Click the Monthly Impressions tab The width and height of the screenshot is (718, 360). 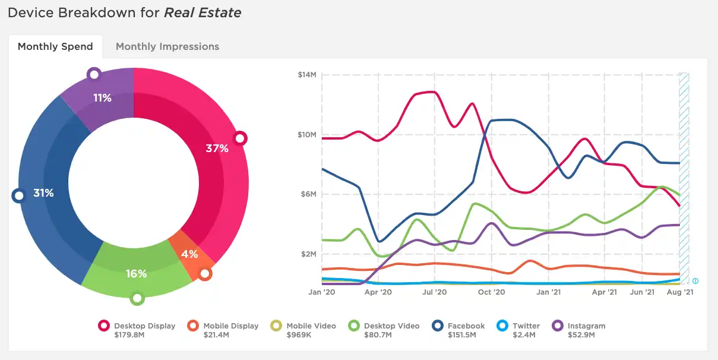click(167, 46)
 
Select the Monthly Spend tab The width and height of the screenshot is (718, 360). click(55, 46)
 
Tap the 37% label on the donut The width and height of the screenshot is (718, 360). click(217, 149)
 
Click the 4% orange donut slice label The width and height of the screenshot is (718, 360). click(189, 254)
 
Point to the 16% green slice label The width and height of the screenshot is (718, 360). click(136, 274)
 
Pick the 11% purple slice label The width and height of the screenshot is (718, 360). click(102, 98)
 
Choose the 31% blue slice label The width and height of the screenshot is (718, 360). click(43, 193)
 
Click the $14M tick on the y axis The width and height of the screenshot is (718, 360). click(307, 75)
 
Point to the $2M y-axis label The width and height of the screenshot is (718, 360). click(309, 254)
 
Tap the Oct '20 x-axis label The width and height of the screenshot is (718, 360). click(491, 292)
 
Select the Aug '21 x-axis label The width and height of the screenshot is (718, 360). click(680, 292)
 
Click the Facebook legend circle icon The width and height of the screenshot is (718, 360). click(438, 326)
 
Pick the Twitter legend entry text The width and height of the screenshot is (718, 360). click(526, 326)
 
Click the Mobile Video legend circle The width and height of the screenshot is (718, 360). click(276, 326)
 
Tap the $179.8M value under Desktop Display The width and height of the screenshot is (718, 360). click(129, 335)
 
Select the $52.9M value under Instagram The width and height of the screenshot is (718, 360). click(581, 335)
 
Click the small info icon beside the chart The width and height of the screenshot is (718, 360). click(695, 281)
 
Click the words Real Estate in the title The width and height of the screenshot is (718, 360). click(203, 13)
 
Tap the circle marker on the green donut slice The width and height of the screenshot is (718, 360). click(137, 298)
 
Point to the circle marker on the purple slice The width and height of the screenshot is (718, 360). click(94, 75)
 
